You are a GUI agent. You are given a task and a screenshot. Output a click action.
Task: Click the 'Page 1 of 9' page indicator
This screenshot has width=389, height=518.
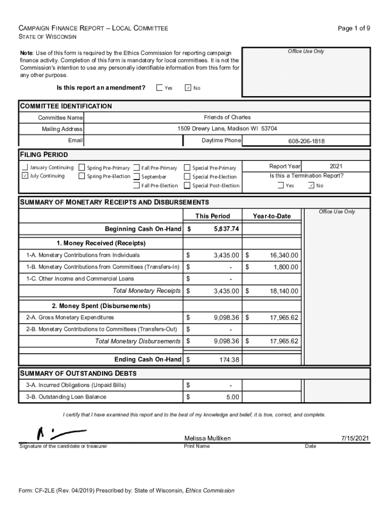click(354, 29)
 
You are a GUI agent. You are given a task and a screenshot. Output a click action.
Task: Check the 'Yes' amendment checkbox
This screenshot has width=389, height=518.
click(160, 88)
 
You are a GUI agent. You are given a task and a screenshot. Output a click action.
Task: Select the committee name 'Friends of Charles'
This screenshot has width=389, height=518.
click(227, 117)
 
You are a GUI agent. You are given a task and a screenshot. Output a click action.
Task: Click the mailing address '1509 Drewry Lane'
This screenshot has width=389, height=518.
click(227, 128)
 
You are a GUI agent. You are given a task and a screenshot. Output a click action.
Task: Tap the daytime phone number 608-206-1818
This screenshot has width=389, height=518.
click(306, 141)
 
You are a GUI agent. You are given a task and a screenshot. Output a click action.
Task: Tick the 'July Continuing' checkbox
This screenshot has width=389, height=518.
click(25, 176)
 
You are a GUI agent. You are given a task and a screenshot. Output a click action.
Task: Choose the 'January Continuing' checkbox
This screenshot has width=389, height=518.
click(25, 167)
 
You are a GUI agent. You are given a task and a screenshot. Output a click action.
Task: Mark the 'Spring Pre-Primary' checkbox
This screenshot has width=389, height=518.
click(82, 168)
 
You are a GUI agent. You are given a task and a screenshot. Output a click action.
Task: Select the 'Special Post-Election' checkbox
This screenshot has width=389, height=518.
click(187, 186)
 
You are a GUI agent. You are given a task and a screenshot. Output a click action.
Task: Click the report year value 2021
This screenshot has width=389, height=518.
click(336, 166)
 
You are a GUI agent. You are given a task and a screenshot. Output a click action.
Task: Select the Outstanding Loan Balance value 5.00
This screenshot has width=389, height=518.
click(233, 397)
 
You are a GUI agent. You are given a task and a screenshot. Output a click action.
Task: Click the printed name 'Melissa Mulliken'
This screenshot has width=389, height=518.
click(208, 438)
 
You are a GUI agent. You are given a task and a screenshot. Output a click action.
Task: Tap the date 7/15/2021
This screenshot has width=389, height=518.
click(355, 438)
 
